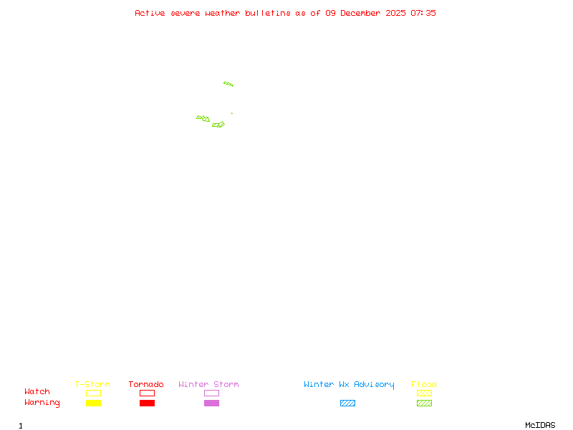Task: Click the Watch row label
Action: [37, 392]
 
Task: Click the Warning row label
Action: [42, 403]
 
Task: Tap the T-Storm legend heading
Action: [92, 385]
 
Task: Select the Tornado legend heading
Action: [146, 385]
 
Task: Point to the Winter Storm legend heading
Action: [208, 385]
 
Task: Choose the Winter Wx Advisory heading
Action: [349, 385]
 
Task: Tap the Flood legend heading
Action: [424, 385]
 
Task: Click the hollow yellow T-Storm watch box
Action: [93, 393]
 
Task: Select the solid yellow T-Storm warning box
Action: [93, 403]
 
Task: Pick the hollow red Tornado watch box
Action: [147, 393]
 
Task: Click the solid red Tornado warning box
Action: [147, 403]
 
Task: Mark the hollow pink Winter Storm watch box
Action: [211, 393]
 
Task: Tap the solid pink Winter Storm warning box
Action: [211, 403]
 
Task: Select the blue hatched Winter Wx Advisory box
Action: [347, 403]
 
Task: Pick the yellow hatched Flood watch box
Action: [424, 393]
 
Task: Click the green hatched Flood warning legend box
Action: [424, 403]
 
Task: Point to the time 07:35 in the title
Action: [423, 13]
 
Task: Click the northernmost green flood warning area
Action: [228, 84]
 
